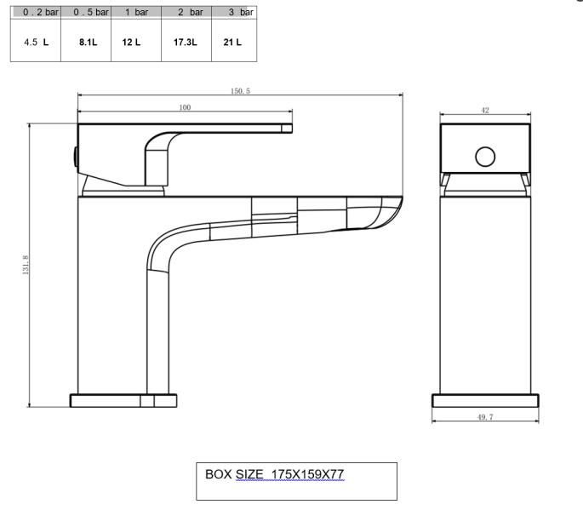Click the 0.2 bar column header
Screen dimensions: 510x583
(x=35, y=14)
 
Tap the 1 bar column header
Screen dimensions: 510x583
(x=135, y=14)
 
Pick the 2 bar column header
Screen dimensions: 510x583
(x=185, y=14)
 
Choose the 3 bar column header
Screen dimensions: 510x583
(x=233, y=14)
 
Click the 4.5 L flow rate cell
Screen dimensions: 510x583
(x=35, y=41)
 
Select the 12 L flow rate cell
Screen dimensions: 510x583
(x=132, y=41)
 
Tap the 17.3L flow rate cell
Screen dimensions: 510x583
(x=185, y=41)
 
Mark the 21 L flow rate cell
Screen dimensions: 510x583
(x=232, y=41)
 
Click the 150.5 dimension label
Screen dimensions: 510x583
(x=239, y=89)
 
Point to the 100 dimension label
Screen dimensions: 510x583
(x=185, y=106)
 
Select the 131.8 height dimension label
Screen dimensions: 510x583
(x=26, y=264)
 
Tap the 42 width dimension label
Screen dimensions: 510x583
(x=485, y=111)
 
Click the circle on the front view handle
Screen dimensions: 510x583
(x=485, y=157)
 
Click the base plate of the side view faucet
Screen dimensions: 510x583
(x=123, y=402)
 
